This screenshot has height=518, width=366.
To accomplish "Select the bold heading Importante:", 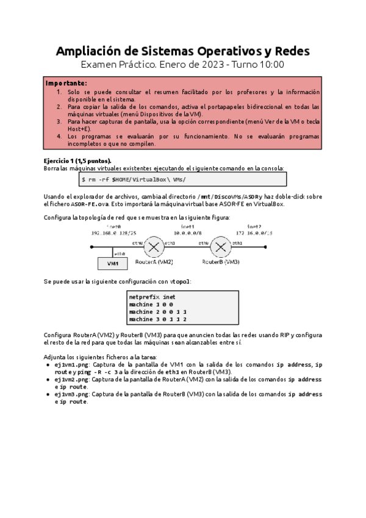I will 66,82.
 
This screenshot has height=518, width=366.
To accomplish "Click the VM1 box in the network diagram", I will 113,263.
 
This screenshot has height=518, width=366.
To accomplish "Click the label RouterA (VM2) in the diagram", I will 154,261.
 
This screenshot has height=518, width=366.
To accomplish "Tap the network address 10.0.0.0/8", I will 188,233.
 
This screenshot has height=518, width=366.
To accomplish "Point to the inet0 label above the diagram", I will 113,227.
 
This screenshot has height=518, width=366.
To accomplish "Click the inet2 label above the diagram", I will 254,227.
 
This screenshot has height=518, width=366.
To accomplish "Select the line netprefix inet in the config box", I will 152,296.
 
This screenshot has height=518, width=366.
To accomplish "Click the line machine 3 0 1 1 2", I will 157,319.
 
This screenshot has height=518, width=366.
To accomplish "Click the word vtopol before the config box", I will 179,281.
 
